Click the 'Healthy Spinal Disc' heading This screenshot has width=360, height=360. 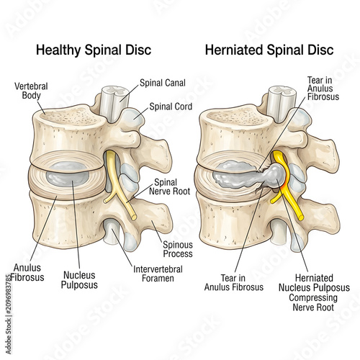point(94,50)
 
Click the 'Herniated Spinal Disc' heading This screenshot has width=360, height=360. point(269,50)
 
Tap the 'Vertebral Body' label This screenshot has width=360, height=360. point(31,91)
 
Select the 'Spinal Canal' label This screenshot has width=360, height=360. point(163,83)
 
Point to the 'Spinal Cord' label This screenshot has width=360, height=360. point(171,107)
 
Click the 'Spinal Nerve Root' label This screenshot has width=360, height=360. point(170,186)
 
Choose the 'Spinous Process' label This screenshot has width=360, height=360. point(178,249)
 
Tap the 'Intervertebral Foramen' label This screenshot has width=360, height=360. point(158,274)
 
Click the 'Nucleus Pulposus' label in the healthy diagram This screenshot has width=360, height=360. point(79,280)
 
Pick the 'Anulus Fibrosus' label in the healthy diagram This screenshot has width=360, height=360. point(27,273)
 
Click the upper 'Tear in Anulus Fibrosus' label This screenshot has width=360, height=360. point(323,89)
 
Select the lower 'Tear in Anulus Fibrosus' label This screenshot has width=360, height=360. point(234,283)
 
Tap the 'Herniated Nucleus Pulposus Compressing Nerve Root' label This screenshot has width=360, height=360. point(314,292)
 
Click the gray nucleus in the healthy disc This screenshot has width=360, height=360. point(68,175)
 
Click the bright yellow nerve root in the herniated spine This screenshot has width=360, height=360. point(286,185)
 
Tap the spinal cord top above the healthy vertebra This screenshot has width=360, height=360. point(114,91)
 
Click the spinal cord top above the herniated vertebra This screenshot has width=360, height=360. point(282,91)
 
